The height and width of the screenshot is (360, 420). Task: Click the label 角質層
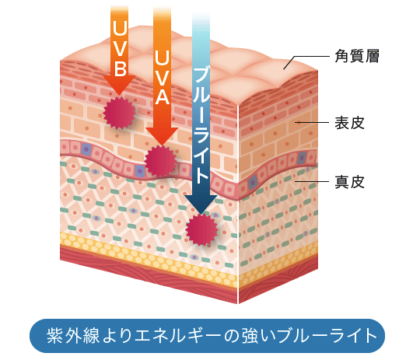pos(357,56)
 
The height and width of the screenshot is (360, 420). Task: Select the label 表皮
pos(349,123)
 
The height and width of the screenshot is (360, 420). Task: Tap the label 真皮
pos(349,182)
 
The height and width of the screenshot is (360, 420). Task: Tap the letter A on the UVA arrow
pos(162,96)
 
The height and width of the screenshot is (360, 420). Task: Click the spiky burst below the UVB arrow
pos(119,113)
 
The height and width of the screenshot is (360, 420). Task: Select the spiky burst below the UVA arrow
pos(161,162)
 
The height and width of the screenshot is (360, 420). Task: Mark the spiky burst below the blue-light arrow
pos(201,229)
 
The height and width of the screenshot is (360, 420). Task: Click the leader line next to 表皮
pos(312,123)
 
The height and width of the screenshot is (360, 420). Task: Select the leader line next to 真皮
pos(312,181)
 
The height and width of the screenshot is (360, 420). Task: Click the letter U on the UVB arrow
pos(120,27)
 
